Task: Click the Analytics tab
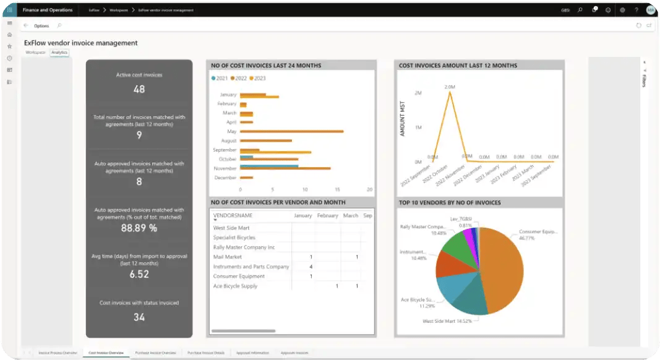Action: (59, 53)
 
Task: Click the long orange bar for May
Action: (291, 131)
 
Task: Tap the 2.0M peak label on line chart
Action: (450, 87)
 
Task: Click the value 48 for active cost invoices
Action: (139, 89)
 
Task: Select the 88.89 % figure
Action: (139, 228)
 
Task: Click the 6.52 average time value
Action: (139, 274)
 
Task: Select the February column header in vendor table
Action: (327, 216)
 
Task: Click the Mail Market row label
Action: (227, 257)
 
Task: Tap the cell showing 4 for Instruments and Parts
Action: (311, 267)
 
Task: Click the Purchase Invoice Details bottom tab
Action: (206, 353)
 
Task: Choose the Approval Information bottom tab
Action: (253, 353)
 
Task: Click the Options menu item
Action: (41, 26)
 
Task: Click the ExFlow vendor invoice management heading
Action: (80, 43)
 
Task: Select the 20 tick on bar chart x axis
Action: (369, 189)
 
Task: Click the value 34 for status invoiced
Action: (139, 317)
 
